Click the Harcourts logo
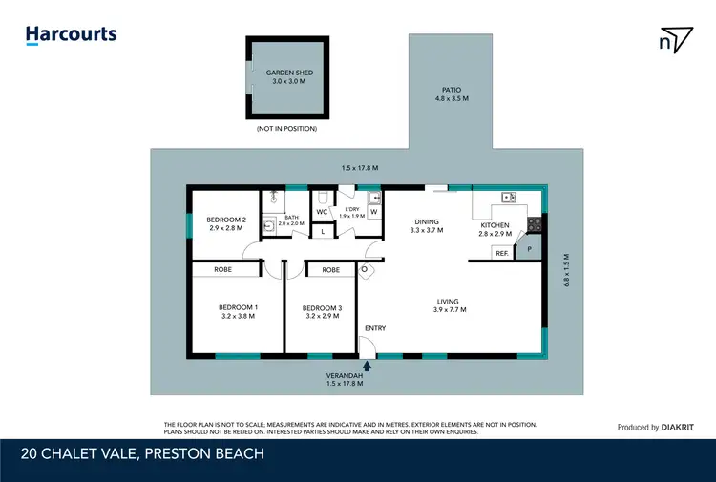(x=72, y=35)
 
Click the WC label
(x=322, y=211)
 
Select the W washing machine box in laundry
(x=373, y=212)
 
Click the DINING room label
(x=427, y=225)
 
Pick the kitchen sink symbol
(x=509, y=198)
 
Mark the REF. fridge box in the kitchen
(x=501, y=253)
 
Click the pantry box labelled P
(x=528, y=249)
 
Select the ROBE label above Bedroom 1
(x=222, y=270)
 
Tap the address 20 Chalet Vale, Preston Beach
(x=143, y=453)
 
